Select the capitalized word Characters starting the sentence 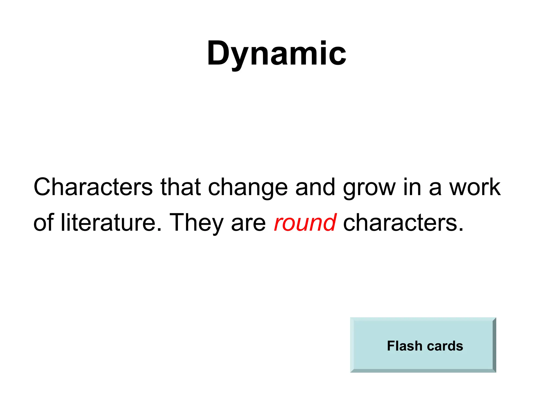93,187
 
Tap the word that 180,187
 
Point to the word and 315,187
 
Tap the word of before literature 43,223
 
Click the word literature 108,223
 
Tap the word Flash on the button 404,346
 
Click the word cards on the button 445,346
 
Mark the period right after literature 159,230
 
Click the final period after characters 461,230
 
